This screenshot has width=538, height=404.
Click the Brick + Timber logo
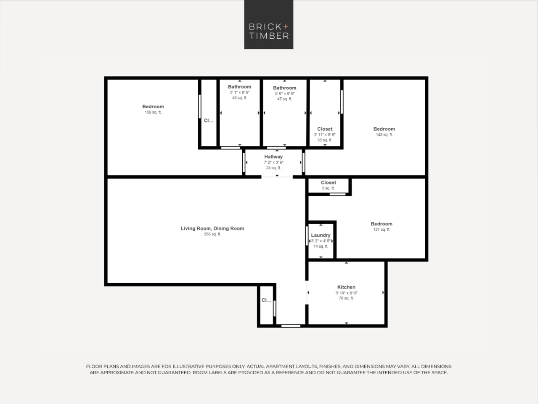tap(269, 25)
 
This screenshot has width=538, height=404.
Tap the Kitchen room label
tap(346, 287)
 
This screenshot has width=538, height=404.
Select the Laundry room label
tap(321, 235)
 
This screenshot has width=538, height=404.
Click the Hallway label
tap(273, 157)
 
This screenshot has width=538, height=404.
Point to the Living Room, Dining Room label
tap(212, 228)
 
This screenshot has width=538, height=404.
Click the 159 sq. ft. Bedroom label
tap(153, 107)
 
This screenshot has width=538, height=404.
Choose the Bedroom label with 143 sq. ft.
tap(384, 129)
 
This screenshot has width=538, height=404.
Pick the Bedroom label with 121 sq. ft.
tap(382, 224)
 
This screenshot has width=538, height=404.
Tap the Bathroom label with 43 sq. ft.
tap(239, 87)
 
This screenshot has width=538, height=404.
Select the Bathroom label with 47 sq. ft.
tap(285, 88)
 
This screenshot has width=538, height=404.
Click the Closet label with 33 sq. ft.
tap(325, 129)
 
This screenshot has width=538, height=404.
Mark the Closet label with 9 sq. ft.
tap(329, 182)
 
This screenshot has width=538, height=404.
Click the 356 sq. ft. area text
tap(212, 234)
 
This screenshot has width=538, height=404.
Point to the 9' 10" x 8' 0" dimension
tap(346, 293)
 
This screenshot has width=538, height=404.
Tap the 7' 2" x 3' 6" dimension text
tap(273, 162)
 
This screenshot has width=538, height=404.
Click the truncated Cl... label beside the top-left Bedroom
tap(209, 120)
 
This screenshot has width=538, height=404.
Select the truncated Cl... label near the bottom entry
tap(266, 300)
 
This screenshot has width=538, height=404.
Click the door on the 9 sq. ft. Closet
tap(337, 194)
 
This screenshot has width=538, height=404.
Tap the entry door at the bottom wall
tap(291, 326)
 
